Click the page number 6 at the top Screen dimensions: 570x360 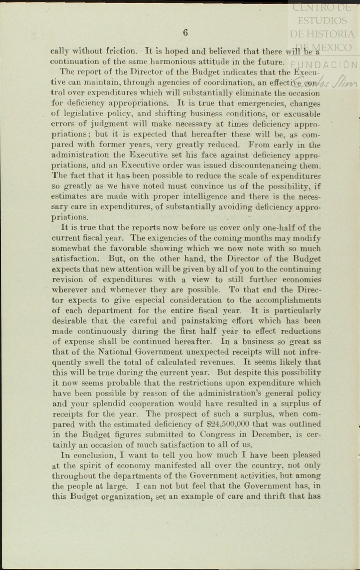tap(185, 33)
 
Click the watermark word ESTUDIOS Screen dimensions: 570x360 tap(322, 21)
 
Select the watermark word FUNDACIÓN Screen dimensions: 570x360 tap(324, 64)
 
